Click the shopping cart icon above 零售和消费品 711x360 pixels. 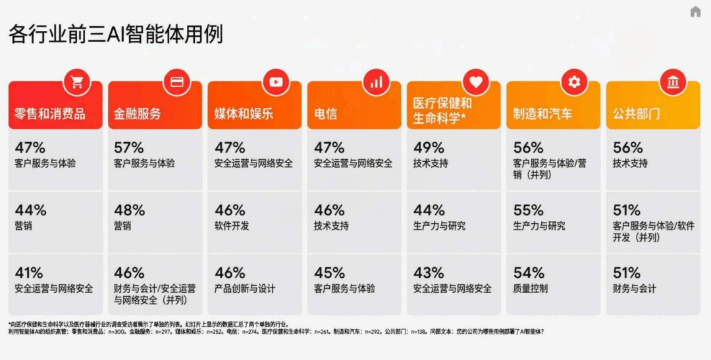[77, 82]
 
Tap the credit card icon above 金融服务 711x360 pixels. [176, 82]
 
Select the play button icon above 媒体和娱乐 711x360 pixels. [276, 82]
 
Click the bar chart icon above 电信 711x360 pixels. [376, 82]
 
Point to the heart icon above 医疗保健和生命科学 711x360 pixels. [475, 82]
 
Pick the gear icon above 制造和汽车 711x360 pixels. [574, 82]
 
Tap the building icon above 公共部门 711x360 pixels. [673, 82]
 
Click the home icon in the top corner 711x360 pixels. [695, 12]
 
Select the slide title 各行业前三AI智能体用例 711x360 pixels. [116, 34]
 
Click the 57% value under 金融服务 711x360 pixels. [129, 147]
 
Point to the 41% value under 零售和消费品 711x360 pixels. [29, 272]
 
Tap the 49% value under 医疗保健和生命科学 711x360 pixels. [429, 147]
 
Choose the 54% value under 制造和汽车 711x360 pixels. [528, 272]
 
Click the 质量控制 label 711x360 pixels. [530, 288]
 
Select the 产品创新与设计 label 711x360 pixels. [245, 288]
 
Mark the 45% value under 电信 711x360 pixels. [329, 272]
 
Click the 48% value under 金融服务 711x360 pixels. [129, 211]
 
